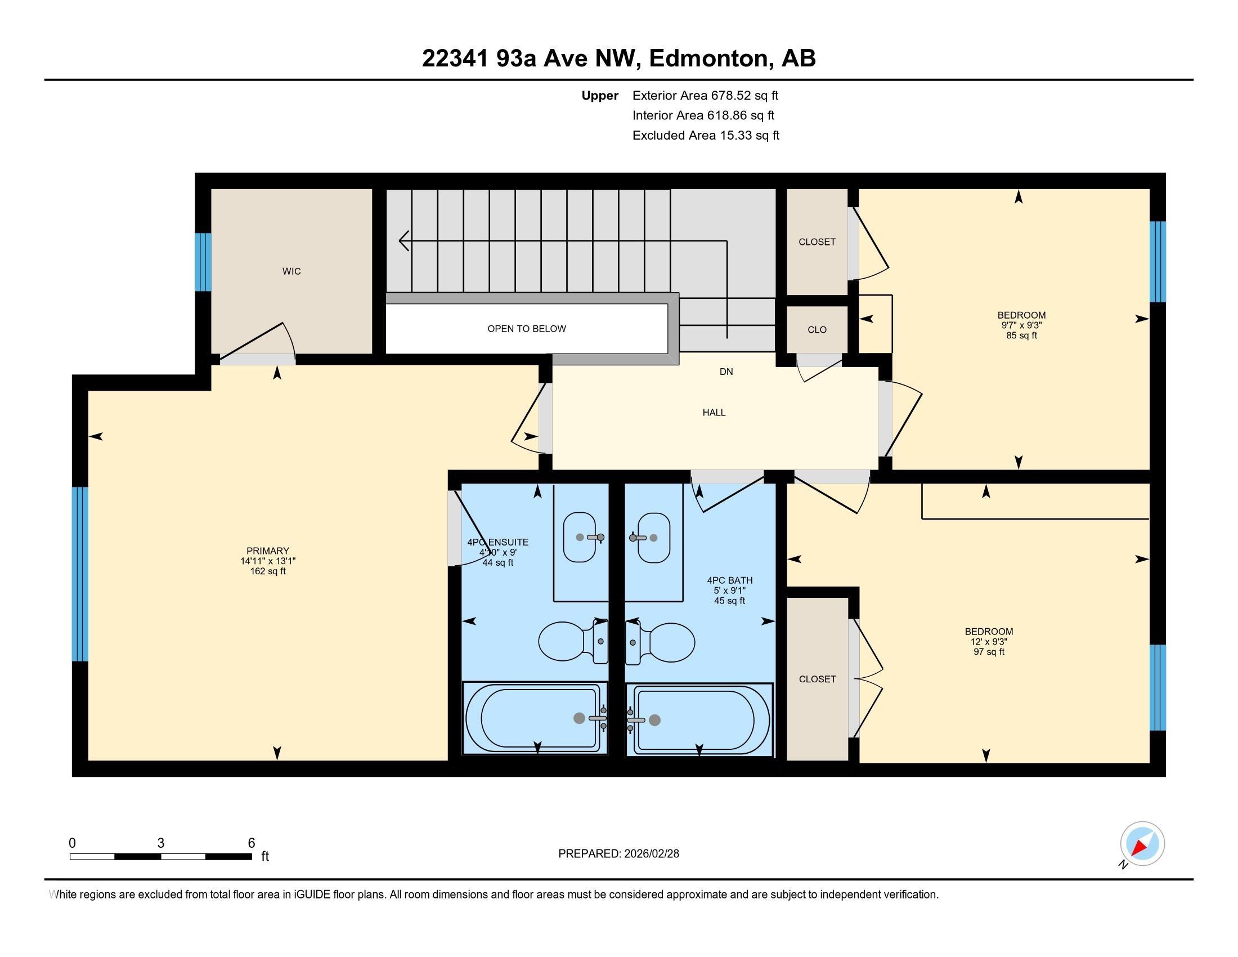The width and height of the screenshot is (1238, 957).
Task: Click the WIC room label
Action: coord(291,271)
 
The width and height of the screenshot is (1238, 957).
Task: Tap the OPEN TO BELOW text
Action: coord(527,329)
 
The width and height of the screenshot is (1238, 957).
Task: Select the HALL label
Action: coord(714,413)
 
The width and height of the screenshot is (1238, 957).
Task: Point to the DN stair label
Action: coord(726,372)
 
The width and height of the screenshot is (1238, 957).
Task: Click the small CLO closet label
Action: coord(817,330)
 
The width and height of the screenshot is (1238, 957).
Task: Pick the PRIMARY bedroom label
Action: coord(267,551)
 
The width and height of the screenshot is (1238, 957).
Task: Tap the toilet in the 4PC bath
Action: coord(660,642)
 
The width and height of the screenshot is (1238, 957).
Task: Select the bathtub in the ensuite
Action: coord(535,718)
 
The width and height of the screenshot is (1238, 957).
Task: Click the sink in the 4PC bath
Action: coord(653,538)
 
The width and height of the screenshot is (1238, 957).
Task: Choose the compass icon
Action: coord(1142,844)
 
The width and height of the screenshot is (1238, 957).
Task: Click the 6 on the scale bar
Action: coord(251,843)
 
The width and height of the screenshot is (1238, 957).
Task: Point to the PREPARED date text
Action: coord(618,854)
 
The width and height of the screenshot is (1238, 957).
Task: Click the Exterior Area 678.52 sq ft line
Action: coord(705,96)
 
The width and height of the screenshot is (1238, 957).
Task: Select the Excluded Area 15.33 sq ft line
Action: coord(706,136)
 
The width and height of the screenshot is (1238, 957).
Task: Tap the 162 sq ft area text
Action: coord(267,571)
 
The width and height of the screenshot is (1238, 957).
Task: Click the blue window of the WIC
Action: coord(203,262)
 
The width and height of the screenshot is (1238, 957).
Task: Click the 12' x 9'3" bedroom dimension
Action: coord(989,642)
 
